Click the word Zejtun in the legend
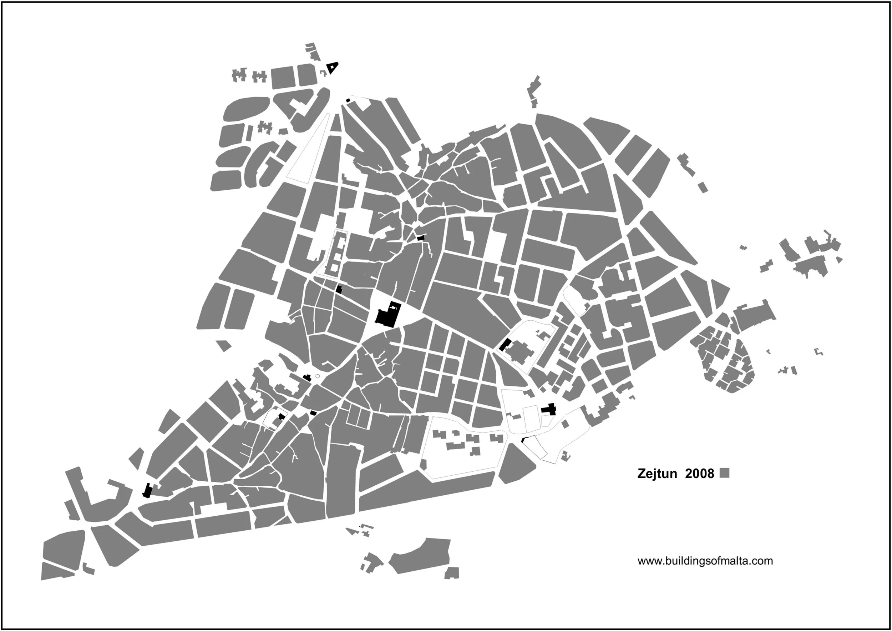[657, 474]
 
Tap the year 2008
[699, 474]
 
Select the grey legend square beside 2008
[724, 473]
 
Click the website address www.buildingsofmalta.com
[705, 561]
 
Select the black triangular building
[332, 68]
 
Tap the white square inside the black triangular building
[332, 67]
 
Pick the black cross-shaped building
[549, 409]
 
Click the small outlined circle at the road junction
[318, 376]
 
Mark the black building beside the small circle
[307, 377]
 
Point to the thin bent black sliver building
[523, 440]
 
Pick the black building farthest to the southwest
[147, 491]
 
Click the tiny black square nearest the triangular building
[348, 101]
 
